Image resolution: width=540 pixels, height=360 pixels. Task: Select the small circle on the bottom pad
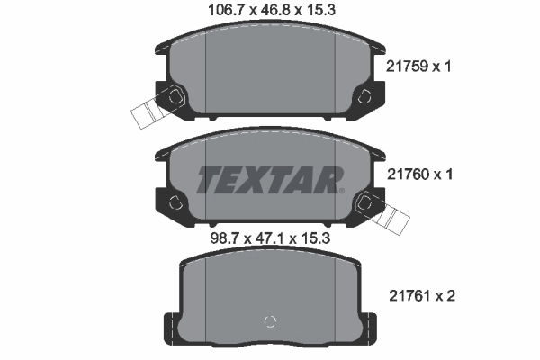[268, 323]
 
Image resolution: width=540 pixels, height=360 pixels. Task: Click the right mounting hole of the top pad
[364, 97]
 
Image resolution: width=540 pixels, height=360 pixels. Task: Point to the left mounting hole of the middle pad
[175, 204]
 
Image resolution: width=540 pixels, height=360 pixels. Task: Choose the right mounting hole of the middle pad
[364, 204]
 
